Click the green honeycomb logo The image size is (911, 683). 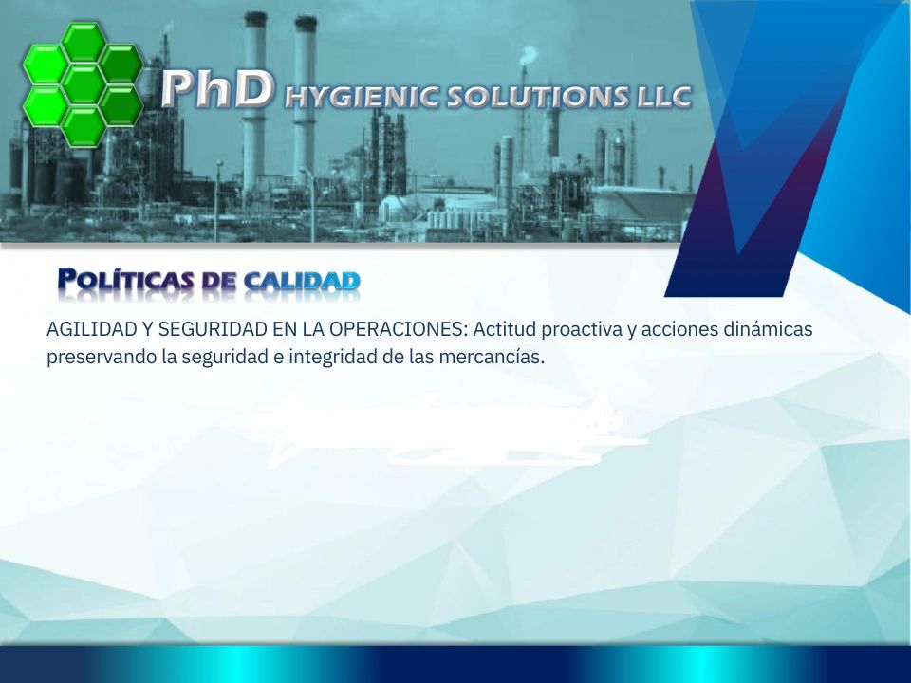(84, 83)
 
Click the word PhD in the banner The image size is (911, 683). (216, 89)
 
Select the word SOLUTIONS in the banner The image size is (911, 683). (536, 97)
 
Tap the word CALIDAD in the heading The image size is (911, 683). (302, 281)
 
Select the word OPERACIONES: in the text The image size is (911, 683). (399, 329)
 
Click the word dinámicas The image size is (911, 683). (768, 329)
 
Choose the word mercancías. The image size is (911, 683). (492, 357)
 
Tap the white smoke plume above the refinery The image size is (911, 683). (530, 55)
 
